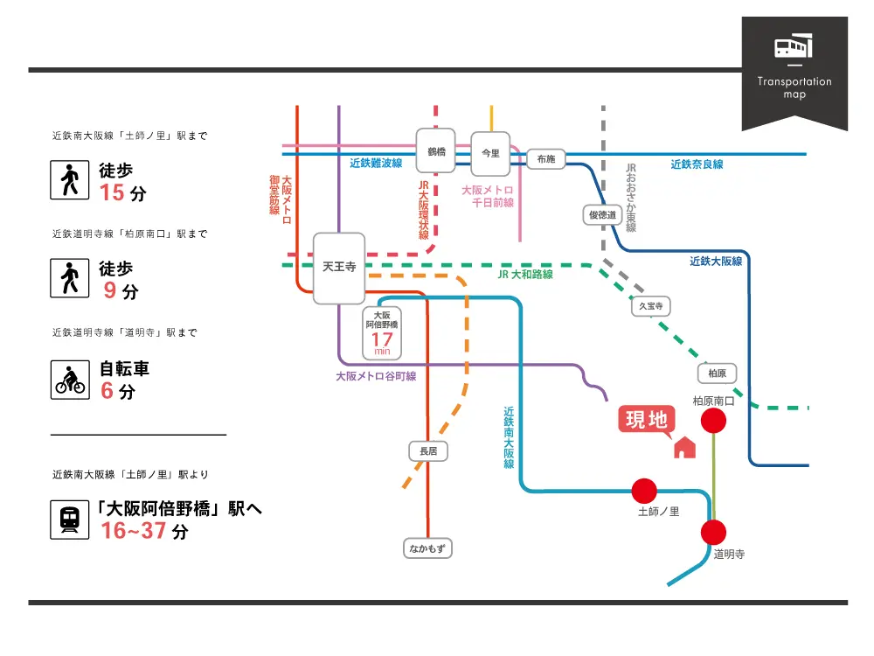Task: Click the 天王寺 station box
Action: (339, 268)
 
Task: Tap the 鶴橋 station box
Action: (436, 152)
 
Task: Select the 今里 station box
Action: (490, 154)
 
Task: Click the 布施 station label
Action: (546, 159)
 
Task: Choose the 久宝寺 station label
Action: (651, 306)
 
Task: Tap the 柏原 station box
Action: (717, 373)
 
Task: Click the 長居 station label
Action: (428, 451)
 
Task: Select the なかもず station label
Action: (428, 549)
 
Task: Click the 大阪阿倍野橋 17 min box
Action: (382, 332)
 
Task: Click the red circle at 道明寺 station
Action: (713, 532)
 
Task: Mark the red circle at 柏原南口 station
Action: (714, 421)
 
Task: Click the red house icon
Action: (684, 447)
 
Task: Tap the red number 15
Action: (113, 193)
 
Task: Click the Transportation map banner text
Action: (794, 87)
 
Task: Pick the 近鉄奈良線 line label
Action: (697, 164)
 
